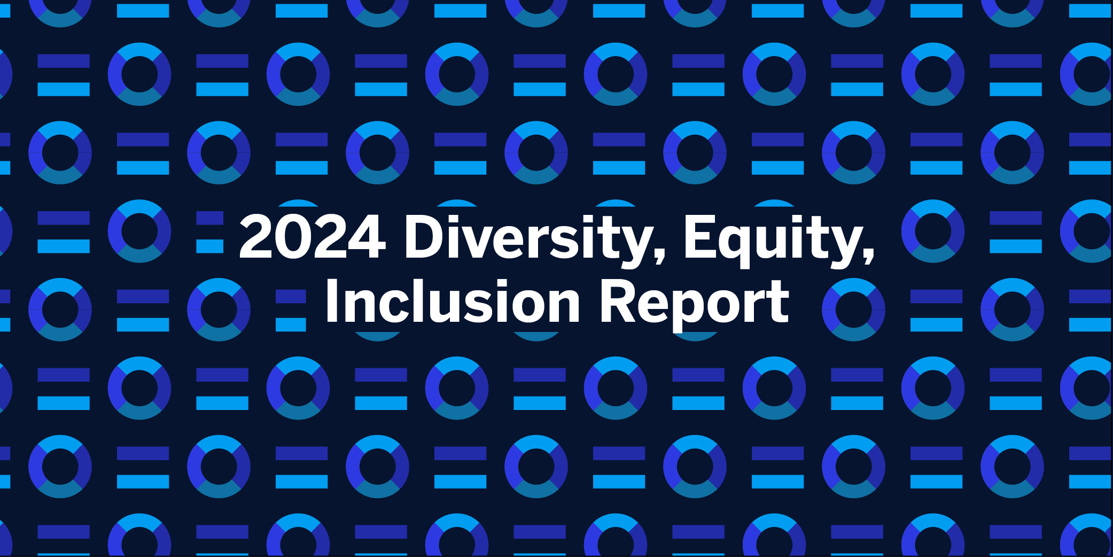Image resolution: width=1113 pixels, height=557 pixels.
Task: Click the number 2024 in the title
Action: (313, 236)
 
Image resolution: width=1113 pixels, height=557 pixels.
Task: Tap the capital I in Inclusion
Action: (331, 301)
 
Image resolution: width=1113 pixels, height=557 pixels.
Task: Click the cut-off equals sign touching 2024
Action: (210, 231)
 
